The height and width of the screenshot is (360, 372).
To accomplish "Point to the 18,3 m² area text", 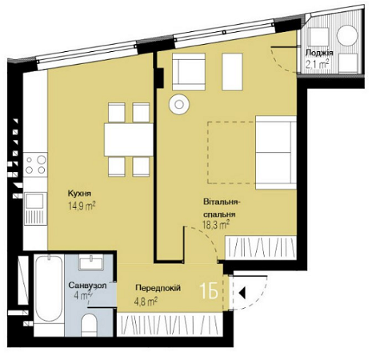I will tap(215, 226).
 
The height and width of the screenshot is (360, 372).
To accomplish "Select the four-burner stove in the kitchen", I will tap(35, 166).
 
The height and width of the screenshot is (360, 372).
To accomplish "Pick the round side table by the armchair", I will tap(178, 102).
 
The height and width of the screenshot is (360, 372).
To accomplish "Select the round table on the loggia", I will tap(348, 37).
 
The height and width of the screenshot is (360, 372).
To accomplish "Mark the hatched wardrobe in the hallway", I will tap(176, 323).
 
